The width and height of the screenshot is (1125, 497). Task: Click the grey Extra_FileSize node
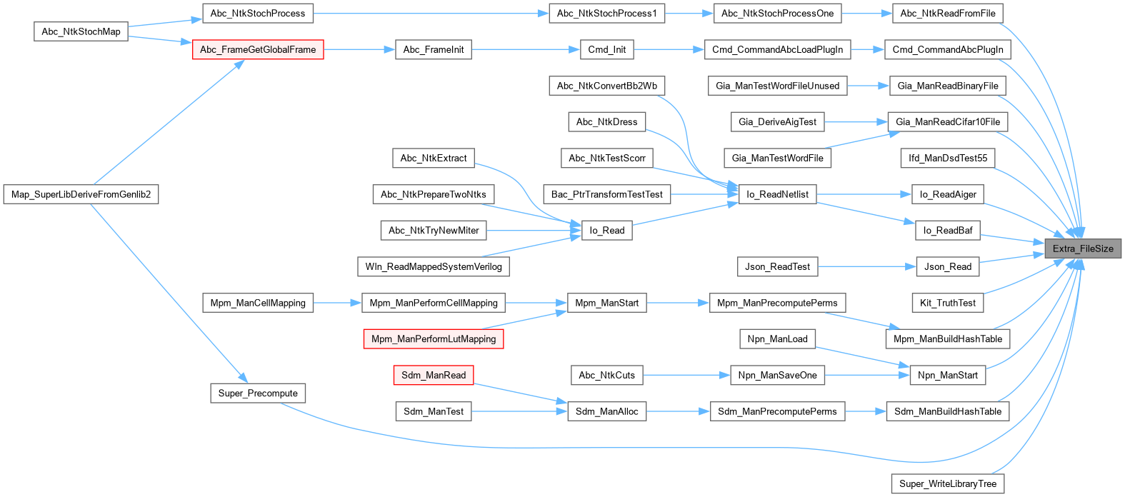point(1083,248)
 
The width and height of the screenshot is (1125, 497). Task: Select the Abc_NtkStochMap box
point(81,31)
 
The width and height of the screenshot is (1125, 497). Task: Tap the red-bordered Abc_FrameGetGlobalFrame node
point(258,49)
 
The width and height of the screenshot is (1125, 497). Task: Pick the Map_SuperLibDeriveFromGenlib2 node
point(81,194)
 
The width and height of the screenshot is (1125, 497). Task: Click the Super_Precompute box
point(258,393)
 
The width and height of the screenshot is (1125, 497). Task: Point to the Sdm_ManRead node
point(434,375)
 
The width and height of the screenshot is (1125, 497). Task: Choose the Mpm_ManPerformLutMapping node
point(434,338)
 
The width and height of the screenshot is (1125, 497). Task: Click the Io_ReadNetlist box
point(777,194)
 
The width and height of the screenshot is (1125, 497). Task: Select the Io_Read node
point(607,230)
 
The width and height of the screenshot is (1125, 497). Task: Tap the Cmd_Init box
point(607,49)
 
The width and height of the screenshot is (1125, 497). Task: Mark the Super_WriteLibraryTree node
point(948,483)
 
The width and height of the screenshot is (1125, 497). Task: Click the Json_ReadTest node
point(777,266)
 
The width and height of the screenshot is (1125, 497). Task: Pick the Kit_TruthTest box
point(948,303)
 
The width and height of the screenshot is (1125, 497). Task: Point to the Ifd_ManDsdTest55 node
point(948,158)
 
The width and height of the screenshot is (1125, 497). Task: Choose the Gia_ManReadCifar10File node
point(948,121)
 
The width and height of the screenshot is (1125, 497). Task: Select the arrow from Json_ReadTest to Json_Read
point(867,266)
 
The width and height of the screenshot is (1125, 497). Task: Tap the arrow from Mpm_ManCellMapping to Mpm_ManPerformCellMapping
point(337,303)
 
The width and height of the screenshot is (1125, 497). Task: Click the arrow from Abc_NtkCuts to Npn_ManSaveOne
point(686,375)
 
